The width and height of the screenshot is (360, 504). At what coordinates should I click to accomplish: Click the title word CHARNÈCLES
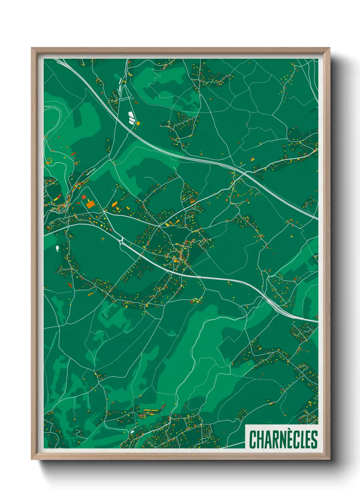tap(283, 439)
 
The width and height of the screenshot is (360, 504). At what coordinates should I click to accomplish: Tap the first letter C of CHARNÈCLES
tap(253, 440)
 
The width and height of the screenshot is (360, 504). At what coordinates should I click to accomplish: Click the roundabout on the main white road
tap(121, 241)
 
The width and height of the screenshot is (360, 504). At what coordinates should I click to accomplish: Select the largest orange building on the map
tap(91, 204)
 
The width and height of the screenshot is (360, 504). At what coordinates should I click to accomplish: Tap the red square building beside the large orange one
tap(84, 197)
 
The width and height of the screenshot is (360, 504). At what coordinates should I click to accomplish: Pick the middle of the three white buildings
tap(131, 117)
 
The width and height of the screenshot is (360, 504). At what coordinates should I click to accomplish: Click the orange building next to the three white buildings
tap(138, 123)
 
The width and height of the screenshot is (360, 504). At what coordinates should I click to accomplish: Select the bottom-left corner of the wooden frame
tap(32, 459)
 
